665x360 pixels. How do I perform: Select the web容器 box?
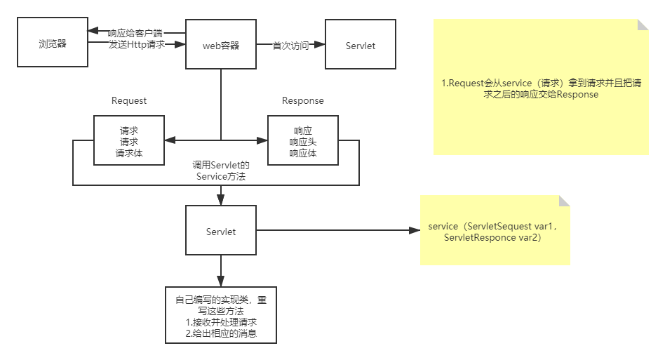pos(221,46)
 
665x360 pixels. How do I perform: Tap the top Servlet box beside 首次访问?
pos(361,46)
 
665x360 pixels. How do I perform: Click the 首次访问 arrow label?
pos(290,46)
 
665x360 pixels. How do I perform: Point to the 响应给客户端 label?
pos(136,32)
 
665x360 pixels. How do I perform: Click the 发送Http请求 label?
pos(136,44)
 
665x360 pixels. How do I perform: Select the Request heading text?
pos(129,100)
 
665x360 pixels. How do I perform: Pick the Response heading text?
pos(303,100)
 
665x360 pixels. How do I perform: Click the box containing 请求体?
pos(129,141)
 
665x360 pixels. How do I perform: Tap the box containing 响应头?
pos(303,141)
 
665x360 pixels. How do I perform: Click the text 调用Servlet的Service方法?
pos(221,171)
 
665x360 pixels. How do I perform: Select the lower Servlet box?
pos(221,232)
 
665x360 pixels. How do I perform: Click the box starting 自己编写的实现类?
pos(221,314)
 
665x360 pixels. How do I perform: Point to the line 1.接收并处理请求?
pos(221,322)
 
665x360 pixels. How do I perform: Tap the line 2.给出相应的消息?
pos(221,333)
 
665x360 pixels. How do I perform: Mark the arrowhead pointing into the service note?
pos(414,229)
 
